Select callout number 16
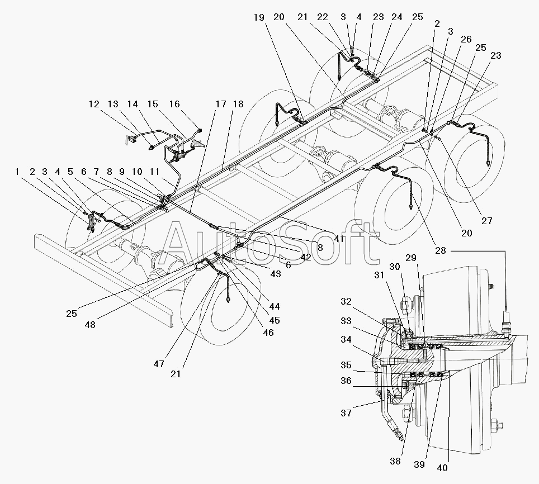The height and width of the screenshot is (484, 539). [x=175, y=104]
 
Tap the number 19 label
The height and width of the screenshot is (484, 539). [x=259, y=17]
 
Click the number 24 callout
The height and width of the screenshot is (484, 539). [x=397, y=17]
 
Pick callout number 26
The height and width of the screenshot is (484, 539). [x=466, y=39]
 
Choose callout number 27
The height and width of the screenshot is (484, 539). [x=487, y=221]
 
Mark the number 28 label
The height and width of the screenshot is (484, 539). [x=441, y=250]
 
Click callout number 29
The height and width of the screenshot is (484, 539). [x=411, y=258]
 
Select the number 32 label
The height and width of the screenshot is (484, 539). [x=346, y=301]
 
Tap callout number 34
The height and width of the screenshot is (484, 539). [x=346, y=339]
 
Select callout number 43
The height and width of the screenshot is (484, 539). [x=275, y=275]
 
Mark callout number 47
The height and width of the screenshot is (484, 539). [x=159, y=364]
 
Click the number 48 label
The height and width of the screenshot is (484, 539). [x=90, y=324]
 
